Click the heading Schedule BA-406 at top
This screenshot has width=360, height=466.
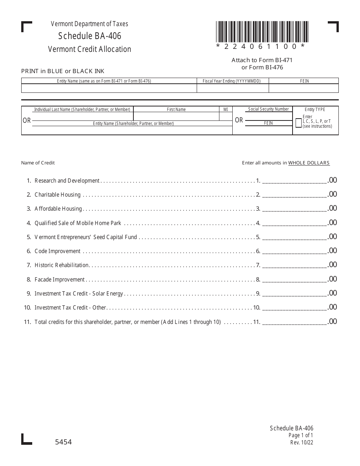[x=90, y=36]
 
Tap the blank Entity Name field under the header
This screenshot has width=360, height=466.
[x=109, y=88]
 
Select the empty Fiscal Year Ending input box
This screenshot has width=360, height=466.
[x=232, y=88]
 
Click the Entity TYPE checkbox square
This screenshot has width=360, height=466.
[x=299, y=123]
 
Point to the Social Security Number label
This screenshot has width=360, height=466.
[x=268, y=109]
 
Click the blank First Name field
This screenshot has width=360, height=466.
[x=176, y=116]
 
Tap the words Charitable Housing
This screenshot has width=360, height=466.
[x=58, y=195]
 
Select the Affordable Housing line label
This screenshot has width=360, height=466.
[x=58, y=209]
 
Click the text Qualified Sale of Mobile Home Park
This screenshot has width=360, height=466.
[x=78, y=223]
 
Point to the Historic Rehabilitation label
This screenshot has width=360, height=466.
[x=61, y=265]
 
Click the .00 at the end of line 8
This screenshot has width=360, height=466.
[x=332, y=279]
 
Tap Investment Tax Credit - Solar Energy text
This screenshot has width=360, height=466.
[x=79, y=294]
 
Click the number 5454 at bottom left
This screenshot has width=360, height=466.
[x=64, y=442]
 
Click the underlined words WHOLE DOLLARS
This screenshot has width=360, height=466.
[x=309, y=163]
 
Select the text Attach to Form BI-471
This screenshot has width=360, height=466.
[x=262, y=60]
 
